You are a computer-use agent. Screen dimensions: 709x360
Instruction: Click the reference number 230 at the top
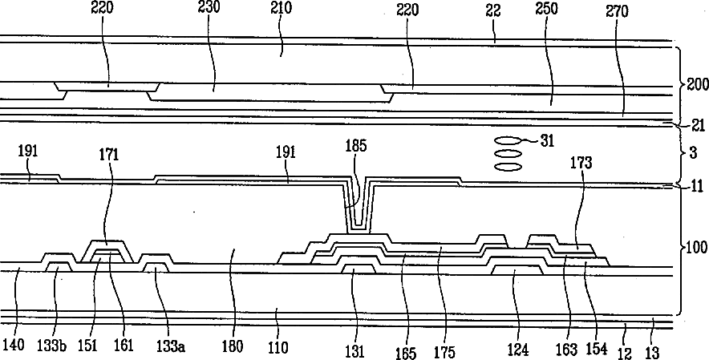(x=209, y=8)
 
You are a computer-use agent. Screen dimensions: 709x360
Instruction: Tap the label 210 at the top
(x=282, y=8)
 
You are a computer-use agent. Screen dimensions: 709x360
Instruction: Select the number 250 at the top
(x=546, y=9)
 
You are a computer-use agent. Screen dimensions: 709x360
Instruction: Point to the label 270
(x=617, y=11)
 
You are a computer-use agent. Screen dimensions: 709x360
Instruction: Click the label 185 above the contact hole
(x=356, y=146)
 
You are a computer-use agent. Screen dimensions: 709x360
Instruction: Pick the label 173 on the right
(x=581, y=163)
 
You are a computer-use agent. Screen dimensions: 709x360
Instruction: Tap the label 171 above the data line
(x=109, y=155)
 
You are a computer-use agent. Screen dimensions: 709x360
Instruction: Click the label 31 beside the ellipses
(x=547, y=141)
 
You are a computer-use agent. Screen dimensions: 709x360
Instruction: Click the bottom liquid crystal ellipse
(x=508, y=167)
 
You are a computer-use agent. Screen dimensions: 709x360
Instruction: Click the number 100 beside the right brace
(x=697, y=247)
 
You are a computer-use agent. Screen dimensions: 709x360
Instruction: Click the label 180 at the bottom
(x=233, y=347)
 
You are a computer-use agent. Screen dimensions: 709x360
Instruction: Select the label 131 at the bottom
(x=354, y=351)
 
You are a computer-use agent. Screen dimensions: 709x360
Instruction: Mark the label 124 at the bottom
(x=517, y=350)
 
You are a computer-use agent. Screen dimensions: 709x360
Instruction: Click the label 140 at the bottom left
(x=13, y=346)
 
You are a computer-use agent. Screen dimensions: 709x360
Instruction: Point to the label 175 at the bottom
(x=445, y=352)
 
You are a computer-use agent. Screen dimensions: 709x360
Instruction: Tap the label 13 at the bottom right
(x=653, y=352)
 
